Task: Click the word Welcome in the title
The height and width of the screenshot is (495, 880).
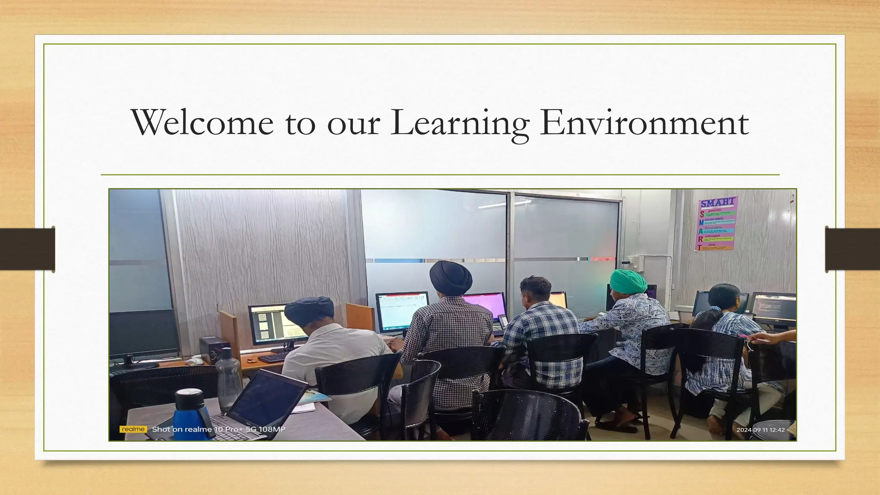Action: point(202,123)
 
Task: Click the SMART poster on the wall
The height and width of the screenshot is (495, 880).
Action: point(717,223)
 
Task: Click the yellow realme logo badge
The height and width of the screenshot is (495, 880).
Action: point(133,429)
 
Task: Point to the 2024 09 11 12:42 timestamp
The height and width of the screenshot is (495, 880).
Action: point(761,430)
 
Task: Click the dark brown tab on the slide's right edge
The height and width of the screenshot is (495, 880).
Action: point(852,249)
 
